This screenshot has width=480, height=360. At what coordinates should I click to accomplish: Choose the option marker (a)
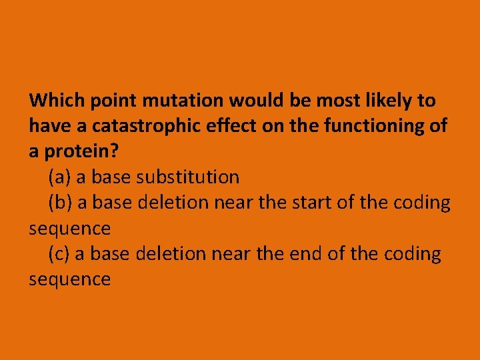coord(60,177)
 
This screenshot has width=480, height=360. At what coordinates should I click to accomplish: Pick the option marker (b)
coord(61,203)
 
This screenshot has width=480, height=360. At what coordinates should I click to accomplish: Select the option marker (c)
coord(60,254)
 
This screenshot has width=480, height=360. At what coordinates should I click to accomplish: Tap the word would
coord(257,101)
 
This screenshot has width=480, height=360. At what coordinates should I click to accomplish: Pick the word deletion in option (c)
coord(171,254)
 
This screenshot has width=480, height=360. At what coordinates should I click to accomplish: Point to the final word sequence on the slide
coord(69,279)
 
